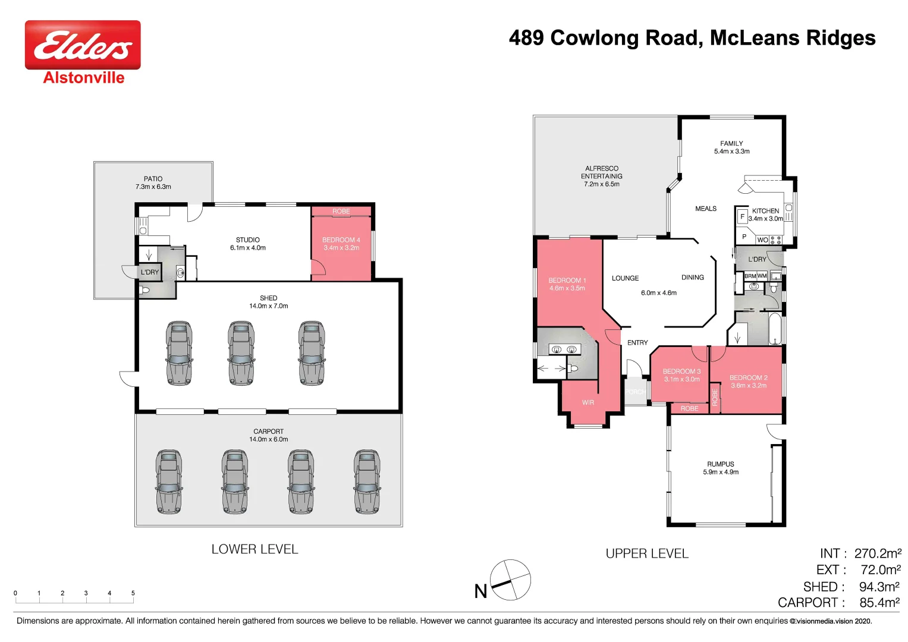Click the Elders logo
[83, 45]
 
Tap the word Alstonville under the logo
[84, 78]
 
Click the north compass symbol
[510, 580]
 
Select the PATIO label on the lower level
[153, 178]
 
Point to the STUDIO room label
[247, 240]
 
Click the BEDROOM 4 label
[341, 240]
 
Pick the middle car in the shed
[241, 353]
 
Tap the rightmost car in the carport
[367, 481]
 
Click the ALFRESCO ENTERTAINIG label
[601, 172]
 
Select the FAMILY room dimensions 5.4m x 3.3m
[731, 152]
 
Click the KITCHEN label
[765, 210]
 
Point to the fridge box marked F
[742, 217]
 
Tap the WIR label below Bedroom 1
[587, 402]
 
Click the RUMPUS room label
[720, 464]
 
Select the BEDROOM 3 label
[681, 371]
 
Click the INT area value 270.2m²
[878, 553]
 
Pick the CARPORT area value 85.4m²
[879, 602]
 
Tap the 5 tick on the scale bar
[133, 593]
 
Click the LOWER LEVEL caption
[255, 549]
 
